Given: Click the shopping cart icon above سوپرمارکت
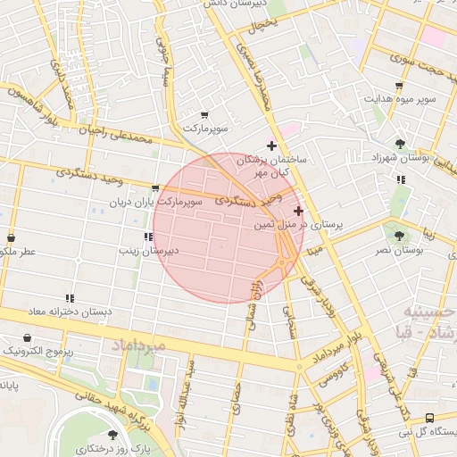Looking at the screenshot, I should click(x=204, y=115).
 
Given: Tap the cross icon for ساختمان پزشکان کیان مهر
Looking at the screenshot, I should click(x=272, y=145).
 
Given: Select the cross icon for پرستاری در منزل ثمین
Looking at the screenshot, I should click(x=298, y=211).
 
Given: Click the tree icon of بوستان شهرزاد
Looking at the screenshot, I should click(x=400, y=143).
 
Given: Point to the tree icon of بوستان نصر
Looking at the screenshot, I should click(x=399, y=236).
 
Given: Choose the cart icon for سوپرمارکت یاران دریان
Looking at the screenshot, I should click(x=156, y=188).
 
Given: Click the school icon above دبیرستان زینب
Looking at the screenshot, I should click(x=147, y=237).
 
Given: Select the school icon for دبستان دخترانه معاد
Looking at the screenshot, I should click(x=70, y=298).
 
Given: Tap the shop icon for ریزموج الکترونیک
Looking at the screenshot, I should click(x=29, y=338).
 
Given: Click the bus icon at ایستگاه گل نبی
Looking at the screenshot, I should click(x=430, y=418).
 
